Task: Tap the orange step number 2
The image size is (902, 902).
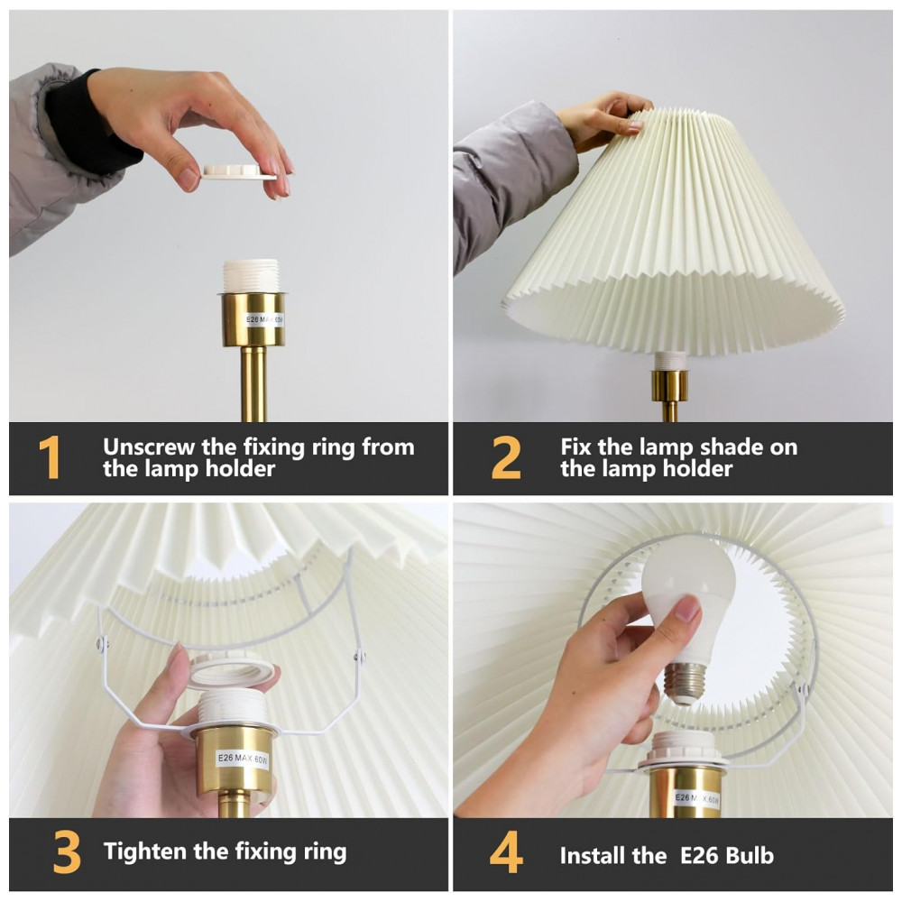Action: pos(506,457)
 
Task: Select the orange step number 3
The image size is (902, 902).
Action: pos(66,852)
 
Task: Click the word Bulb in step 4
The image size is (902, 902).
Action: pos(750,855)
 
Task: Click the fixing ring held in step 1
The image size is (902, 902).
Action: pos(238,172)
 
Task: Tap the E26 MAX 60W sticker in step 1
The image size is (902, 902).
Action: pos(264,320)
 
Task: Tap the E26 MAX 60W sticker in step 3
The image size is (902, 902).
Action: pos(242,759)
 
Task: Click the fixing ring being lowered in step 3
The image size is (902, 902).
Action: pos(231,671)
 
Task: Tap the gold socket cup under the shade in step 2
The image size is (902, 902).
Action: pos(669,385)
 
